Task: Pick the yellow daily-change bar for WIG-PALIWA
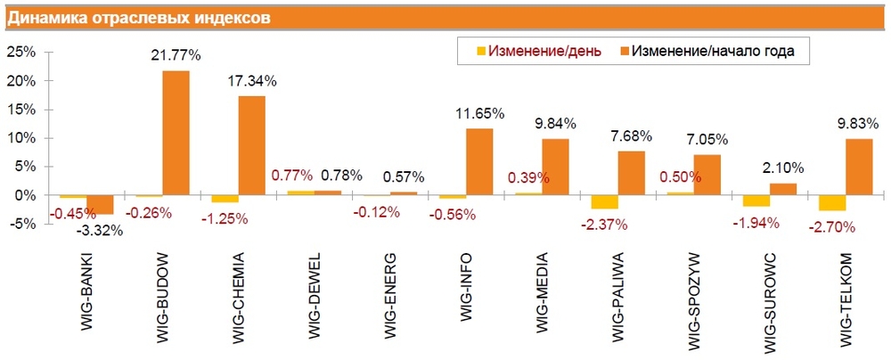point(604,201)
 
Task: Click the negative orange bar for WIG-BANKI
point(100,204)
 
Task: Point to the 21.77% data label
point(176,55)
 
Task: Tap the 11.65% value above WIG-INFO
point(480,113)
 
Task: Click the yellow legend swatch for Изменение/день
point(481,51)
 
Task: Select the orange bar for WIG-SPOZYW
point(707,174)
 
